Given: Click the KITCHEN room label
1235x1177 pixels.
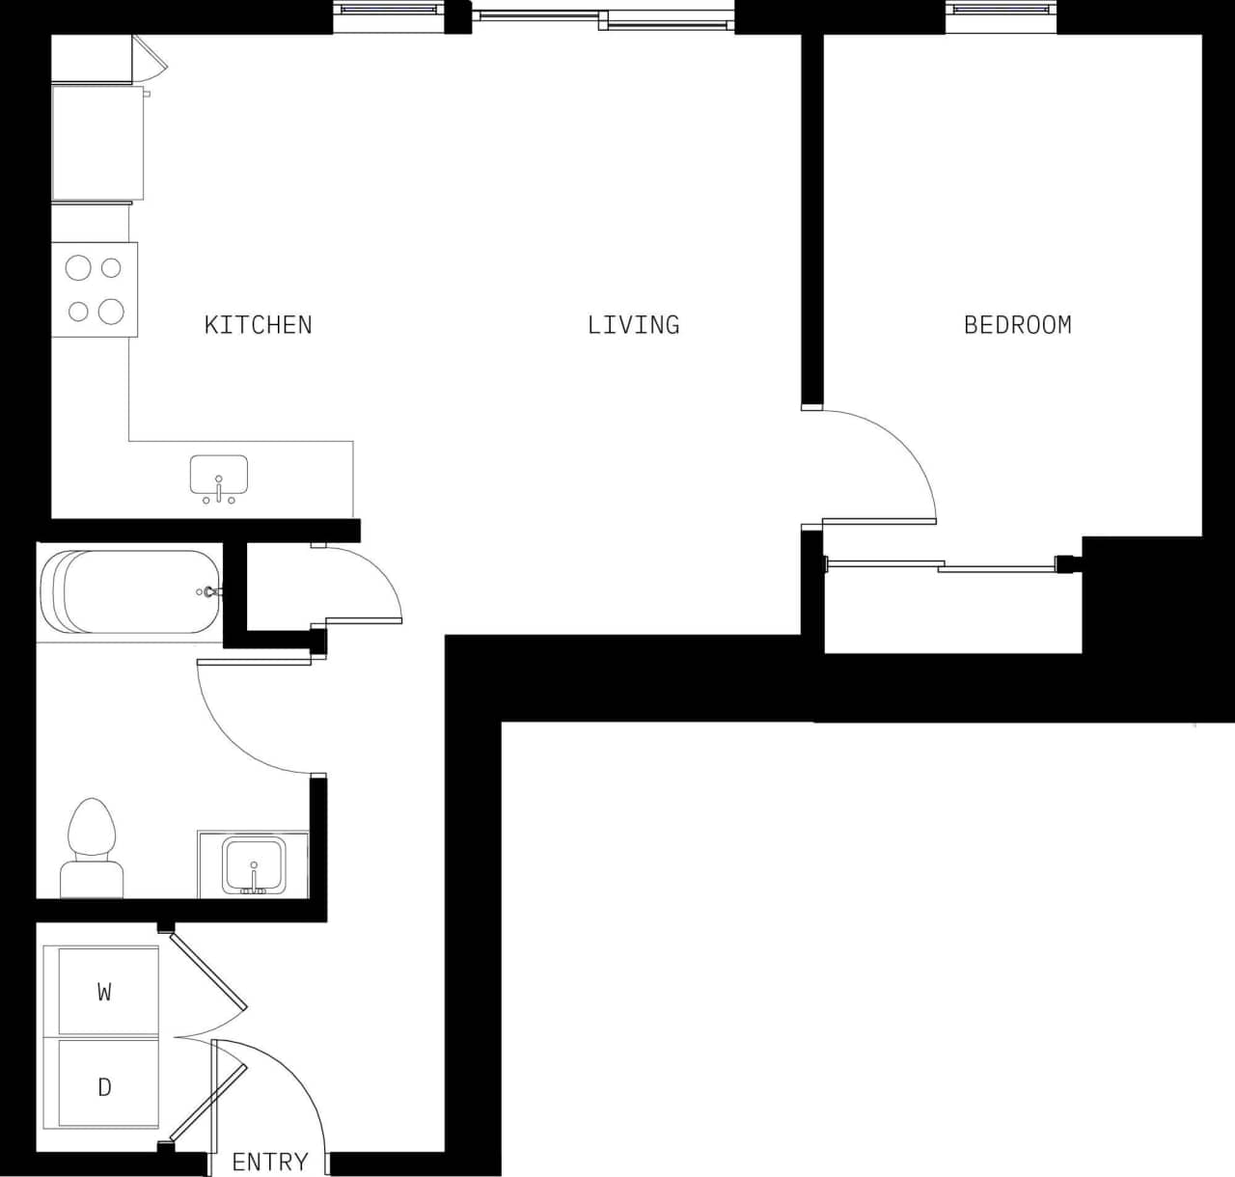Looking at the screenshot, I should coord(258,325).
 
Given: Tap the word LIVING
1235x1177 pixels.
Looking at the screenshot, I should coord(633,325).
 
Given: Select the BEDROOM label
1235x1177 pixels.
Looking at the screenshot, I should coord(1017,325).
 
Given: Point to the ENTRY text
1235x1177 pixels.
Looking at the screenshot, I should coord(270,1162).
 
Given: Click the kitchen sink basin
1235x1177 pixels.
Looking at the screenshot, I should coord(219,476).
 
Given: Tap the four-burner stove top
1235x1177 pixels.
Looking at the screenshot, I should coord(95,289).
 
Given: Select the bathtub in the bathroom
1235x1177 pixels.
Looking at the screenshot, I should coord(130,592).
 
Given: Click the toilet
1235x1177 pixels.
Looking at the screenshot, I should coord(93,849).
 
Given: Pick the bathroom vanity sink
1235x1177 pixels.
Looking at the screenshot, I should coord(253,865).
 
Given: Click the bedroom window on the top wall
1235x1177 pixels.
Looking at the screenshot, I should coord(1001,10).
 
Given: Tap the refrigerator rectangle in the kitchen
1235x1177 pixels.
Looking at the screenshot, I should coord(97,143).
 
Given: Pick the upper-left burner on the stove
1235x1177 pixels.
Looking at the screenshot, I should coord(78,267).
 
